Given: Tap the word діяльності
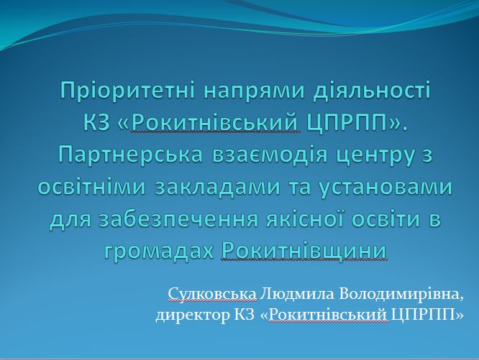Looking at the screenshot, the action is coord(372,90).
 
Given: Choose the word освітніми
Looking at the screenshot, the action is coord(91,186).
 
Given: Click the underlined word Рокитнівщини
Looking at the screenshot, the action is coord(304,251).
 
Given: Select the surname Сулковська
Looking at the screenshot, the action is coord(212,294).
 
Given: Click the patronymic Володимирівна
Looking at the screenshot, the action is coord(401,294).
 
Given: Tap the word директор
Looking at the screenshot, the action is coord(193,315).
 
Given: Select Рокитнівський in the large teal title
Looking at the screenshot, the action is coord(216,123).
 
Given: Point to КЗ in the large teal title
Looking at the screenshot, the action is coord(96,123).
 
